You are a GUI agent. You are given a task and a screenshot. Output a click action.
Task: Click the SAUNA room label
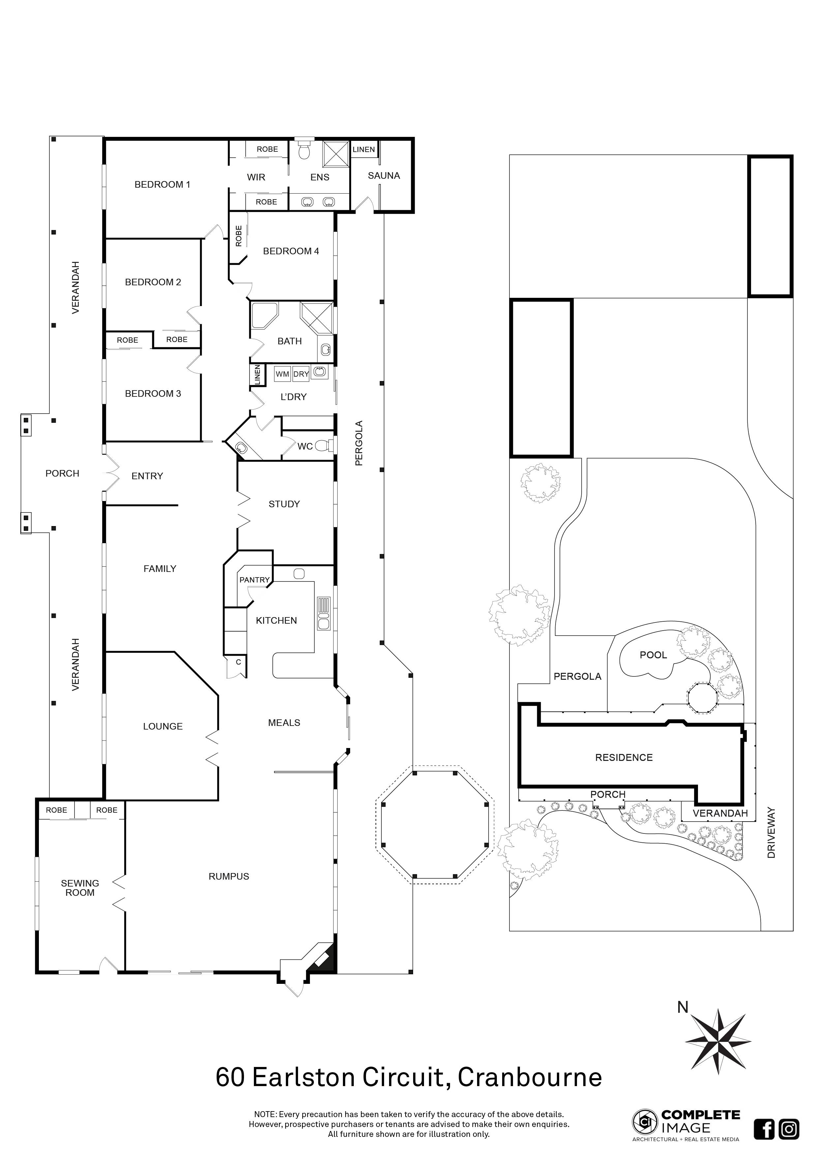coord(384,176)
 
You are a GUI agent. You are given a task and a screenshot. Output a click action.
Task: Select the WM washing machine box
coord(282,374)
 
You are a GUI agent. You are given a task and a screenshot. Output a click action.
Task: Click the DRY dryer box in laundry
coord(301,374)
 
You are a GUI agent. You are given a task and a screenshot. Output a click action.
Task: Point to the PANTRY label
coord(254,580)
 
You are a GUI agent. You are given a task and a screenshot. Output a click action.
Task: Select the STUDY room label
coord(284,504)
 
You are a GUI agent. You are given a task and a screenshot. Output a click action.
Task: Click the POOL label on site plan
coord(653,655)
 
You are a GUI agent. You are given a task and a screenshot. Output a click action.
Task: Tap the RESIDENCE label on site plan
coord(623,757)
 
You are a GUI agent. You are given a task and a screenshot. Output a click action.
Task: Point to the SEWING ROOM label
coord(79,888)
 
